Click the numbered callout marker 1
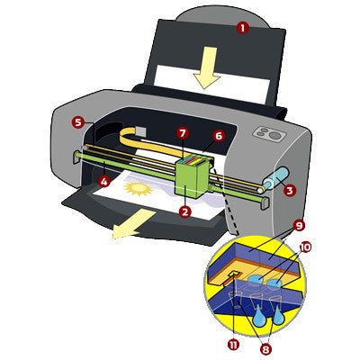[x=241, y=28]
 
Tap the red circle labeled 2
[x=184, y=212]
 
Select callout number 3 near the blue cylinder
[x=290, y=190]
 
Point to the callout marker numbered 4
[x=104, y=181]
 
